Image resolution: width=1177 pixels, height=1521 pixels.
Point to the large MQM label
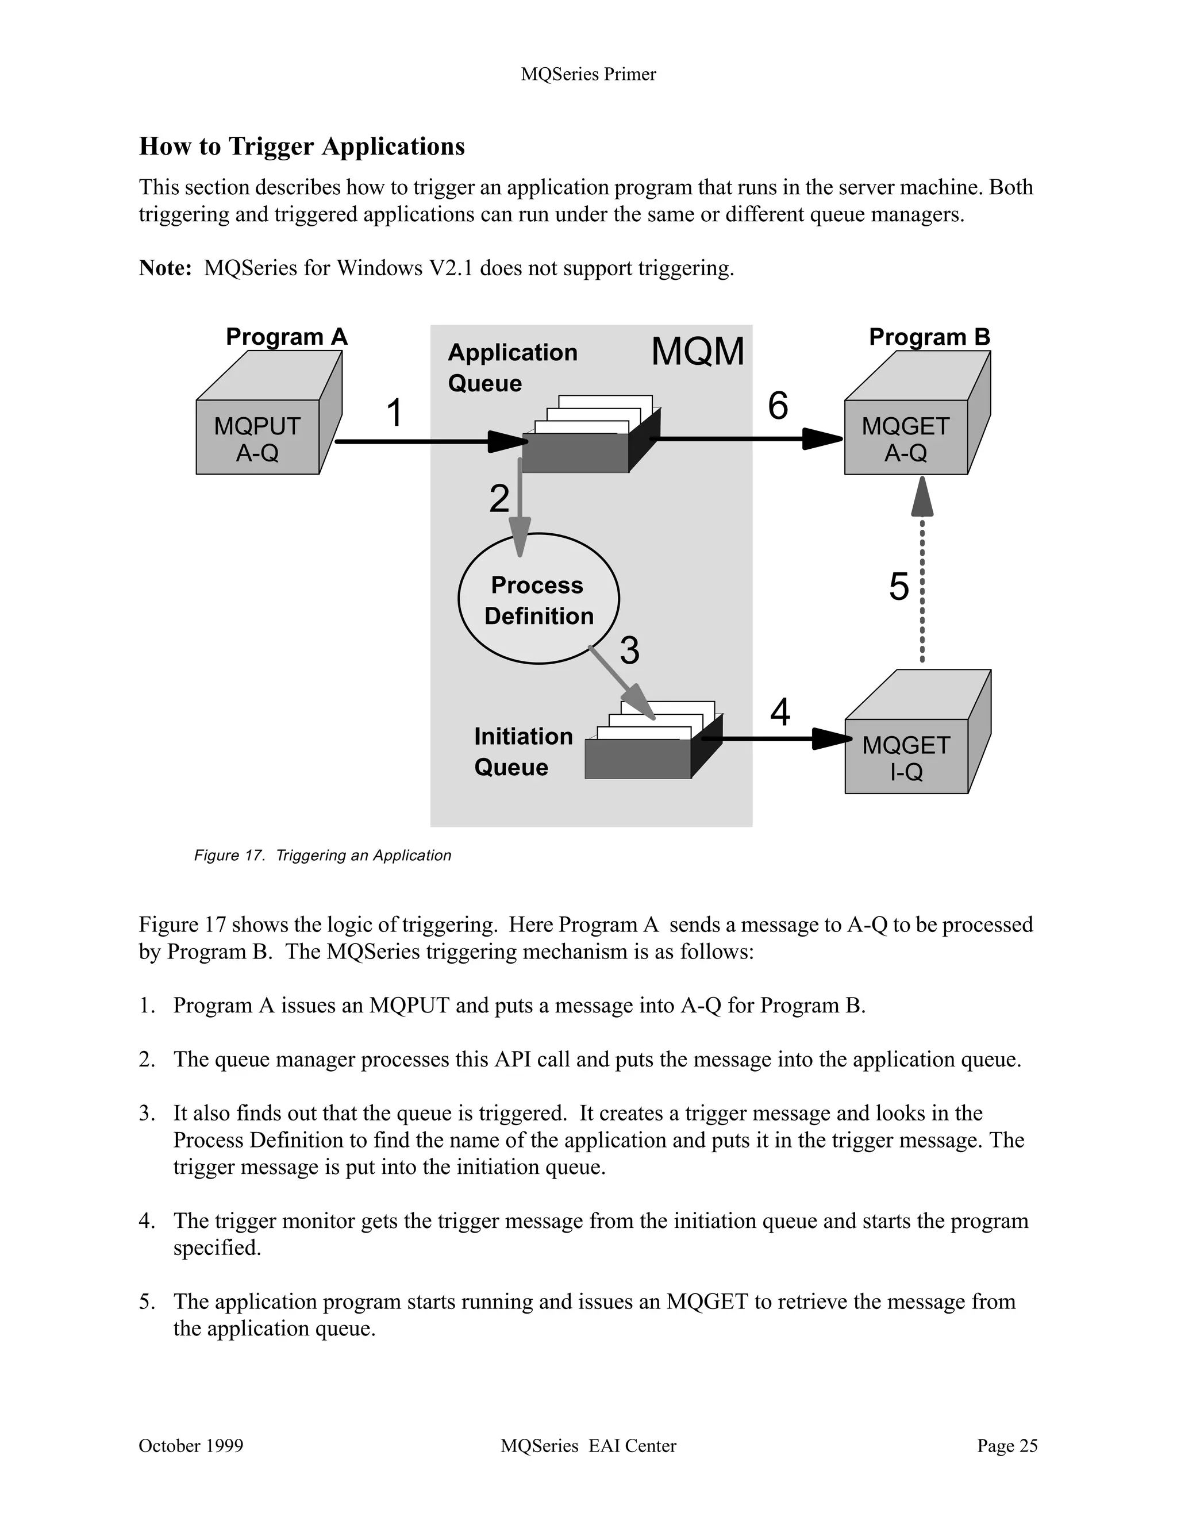pyautogui.click(x=697, y=351)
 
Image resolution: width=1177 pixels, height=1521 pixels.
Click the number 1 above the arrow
pyautogui.click(x=394, y=413)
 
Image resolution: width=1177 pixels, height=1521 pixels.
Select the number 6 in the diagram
pyautogui.click(x=778, y=405)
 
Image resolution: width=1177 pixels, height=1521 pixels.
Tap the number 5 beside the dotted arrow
pyautogui.click(x=898, y=587)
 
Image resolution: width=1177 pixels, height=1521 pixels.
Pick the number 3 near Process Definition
pyautogui.click(x=629, y=650)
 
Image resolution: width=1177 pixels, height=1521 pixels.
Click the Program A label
pyautogui.click(x=286, y=337)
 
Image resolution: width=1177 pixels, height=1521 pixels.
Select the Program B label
pyautogui.click(x=929, y=337)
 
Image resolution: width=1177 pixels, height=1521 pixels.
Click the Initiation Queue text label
pyautogui.click(x=523, y=752)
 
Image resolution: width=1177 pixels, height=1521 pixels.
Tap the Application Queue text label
pyautogui.click(x=512, y=367)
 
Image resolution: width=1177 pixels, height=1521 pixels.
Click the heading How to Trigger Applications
pyautogui.click(x=302, y=147)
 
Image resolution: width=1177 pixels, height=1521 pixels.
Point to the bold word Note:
pyautogui.click(x=165, y=268)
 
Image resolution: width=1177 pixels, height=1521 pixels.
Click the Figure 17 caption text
pyautogui.click(x=322, y=855)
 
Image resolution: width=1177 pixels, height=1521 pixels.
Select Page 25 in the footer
pyautogui.click(x=1006, y=1446)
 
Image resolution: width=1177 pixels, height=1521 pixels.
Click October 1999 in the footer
pyautogui.click(x=191, y=1446)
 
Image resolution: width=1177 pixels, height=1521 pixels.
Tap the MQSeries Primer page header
pyautogui.click(x=588, y=75)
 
